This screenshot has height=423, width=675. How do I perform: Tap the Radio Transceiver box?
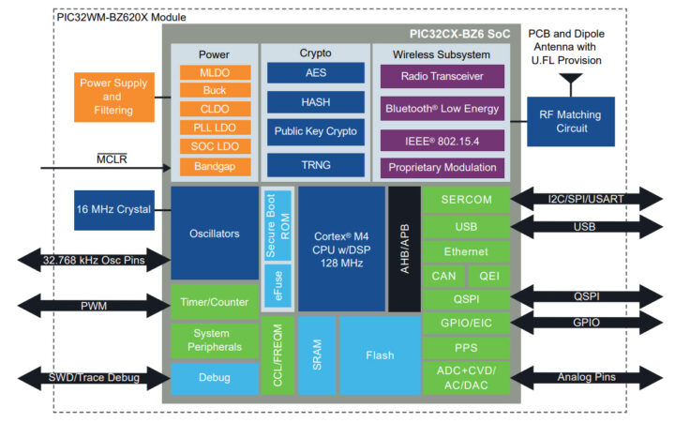442,76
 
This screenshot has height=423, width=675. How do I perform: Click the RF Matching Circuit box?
570,122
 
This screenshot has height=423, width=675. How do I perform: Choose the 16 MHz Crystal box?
112,209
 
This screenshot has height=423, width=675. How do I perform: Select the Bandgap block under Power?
215,166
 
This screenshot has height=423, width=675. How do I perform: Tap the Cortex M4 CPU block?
341,249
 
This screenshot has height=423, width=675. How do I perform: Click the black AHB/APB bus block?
404,249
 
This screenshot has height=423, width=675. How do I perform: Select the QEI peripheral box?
488,276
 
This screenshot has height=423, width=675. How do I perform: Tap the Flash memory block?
380,355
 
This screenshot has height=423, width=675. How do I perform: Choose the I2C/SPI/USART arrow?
584,198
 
